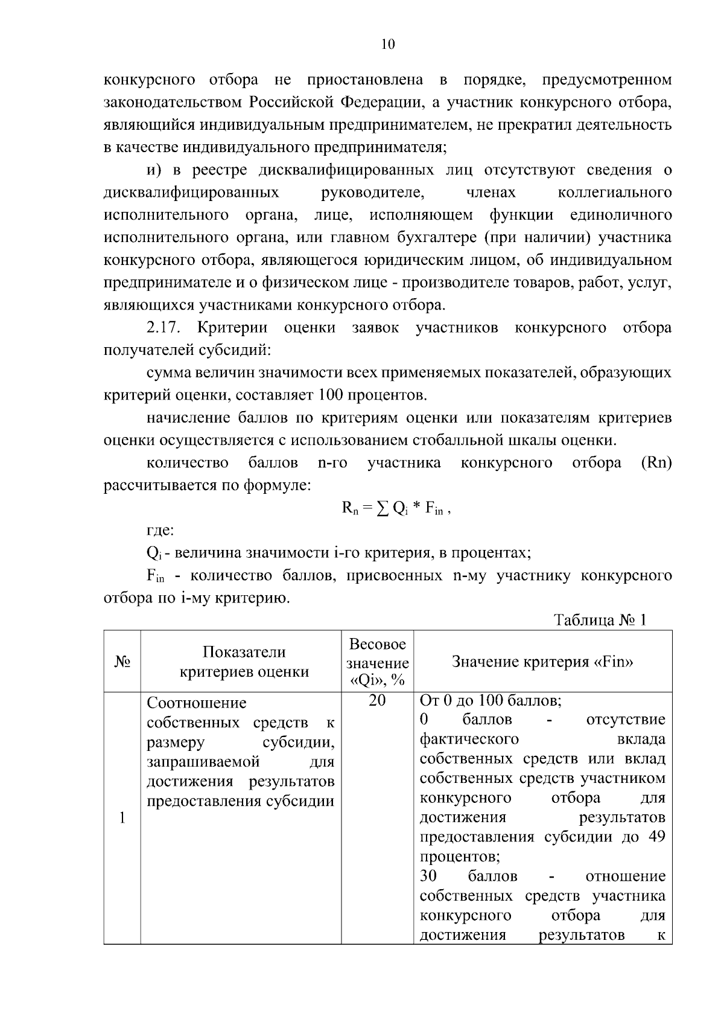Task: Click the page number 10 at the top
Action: pyautogui.click(x=388, y=44)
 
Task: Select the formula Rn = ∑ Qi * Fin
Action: pyautogui.click(x=396, y=508)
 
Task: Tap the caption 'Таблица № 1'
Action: pyautogui.click(x=600, y=621)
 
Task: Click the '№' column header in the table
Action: pyautogui.click(x=122, y=662)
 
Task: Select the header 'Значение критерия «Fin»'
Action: pyautogui.click(x=542, y=662)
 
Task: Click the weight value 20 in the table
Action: pyautogui.click(x=377, y=701)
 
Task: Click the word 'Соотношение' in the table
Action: pyautogui.click(x=197, y=703)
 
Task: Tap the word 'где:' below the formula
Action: pyautogui.click(x=160, y=531)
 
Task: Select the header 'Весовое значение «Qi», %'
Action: pyautogui.click(x=377, y=662)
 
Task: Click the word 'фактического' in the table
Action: pyautogui.click(x=469, y=739)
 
